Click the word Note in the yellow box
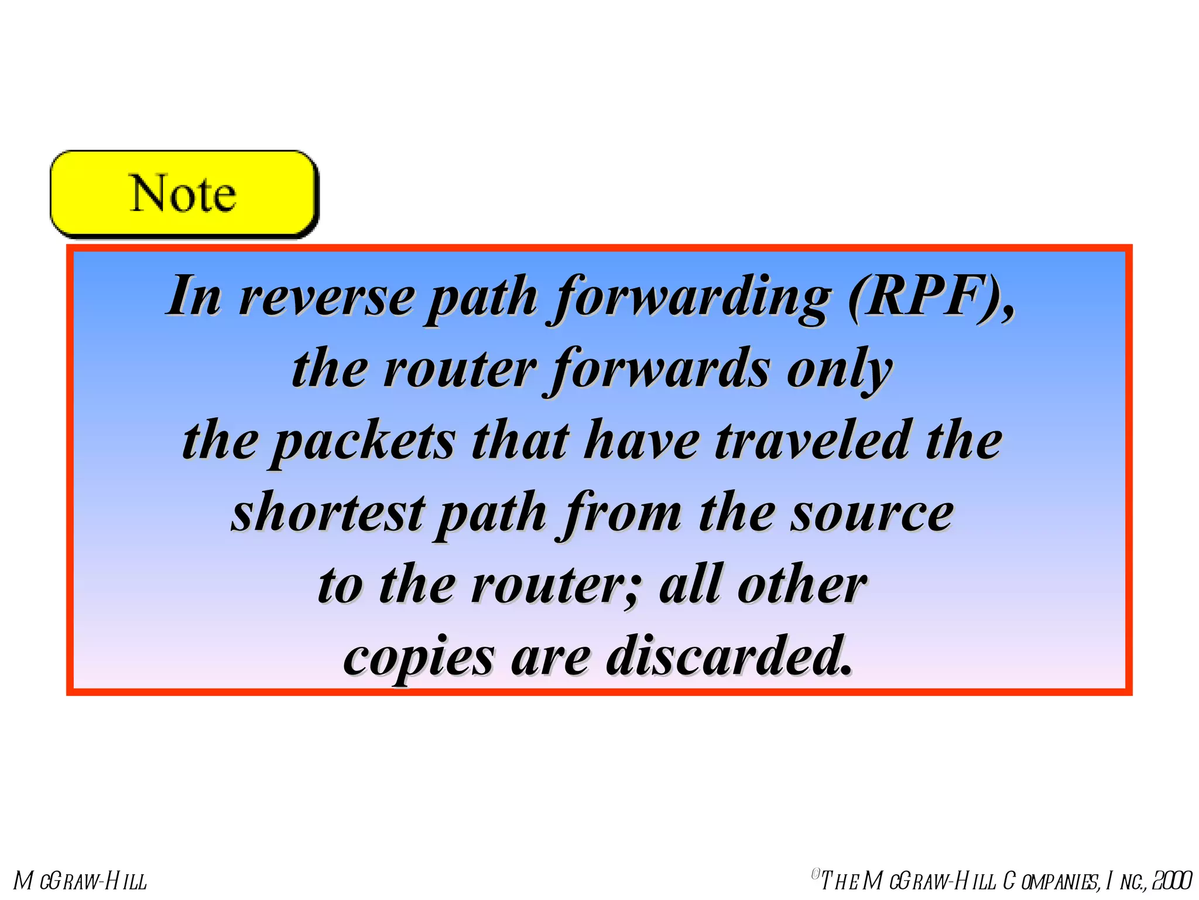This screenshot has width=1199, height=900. (183, 194)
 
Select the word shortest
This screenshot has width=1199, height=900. (328, 513)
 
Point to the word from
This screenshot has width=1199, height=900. (624, 514)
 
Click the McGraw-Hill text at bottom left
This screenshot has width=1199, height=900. (80, 881)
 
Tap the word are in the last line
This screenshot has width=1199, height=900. (550, 658)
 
